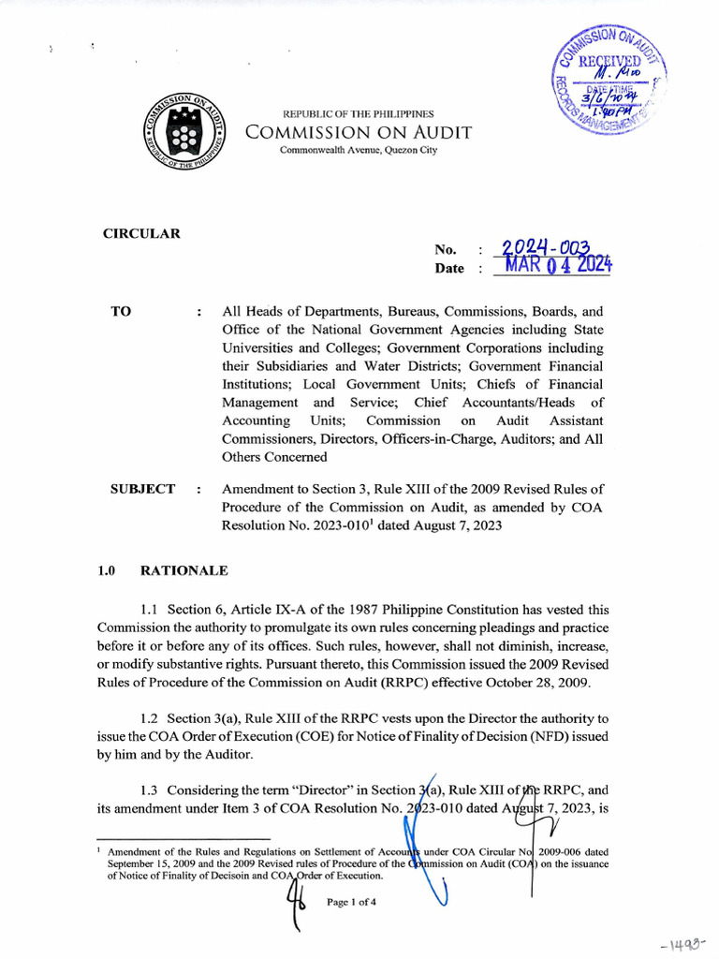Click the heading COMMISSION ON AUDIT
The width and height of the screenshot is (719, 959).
click(358, 133)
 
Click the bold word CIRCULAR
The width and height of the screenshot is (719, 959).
click(141, 233)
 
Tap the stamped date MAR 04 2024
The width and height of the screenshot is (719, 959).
click(557, 266)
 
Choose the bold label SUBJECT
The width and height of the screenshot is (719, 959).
click(142, 489)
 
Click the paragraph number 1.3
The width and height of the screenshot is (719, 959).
click(151, 789)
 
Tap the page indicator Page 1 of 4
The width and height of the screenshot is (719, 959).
click(351, 903)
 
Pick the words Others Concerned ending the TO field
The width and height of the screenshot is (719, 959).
click(274, 457)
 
